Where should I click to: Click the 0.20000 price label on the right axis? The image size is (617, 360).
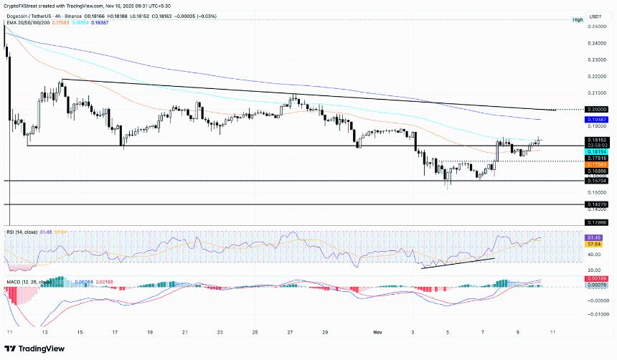tap(597, 110)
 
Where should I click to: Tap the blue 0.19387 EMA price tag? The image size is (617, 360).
tap(597, 119)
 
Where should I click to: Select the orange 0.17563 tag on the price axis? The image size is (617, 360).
tap(597, 164)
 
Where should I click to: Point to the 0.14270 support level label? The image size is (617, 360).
tap(597, 205)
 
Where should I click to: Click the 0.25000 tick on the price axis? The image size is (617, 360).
tap(597, 27)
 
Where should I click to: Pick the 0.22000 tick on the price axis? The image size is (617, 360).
tap(597, 76)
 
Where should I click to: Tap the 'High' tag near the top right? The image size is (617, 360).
tap(578, 19)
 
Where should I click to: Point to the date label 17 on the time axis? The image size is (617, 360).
tap(115, 333)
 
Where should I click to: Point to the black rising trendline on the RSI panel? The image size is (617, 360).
tap(458, 262)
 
